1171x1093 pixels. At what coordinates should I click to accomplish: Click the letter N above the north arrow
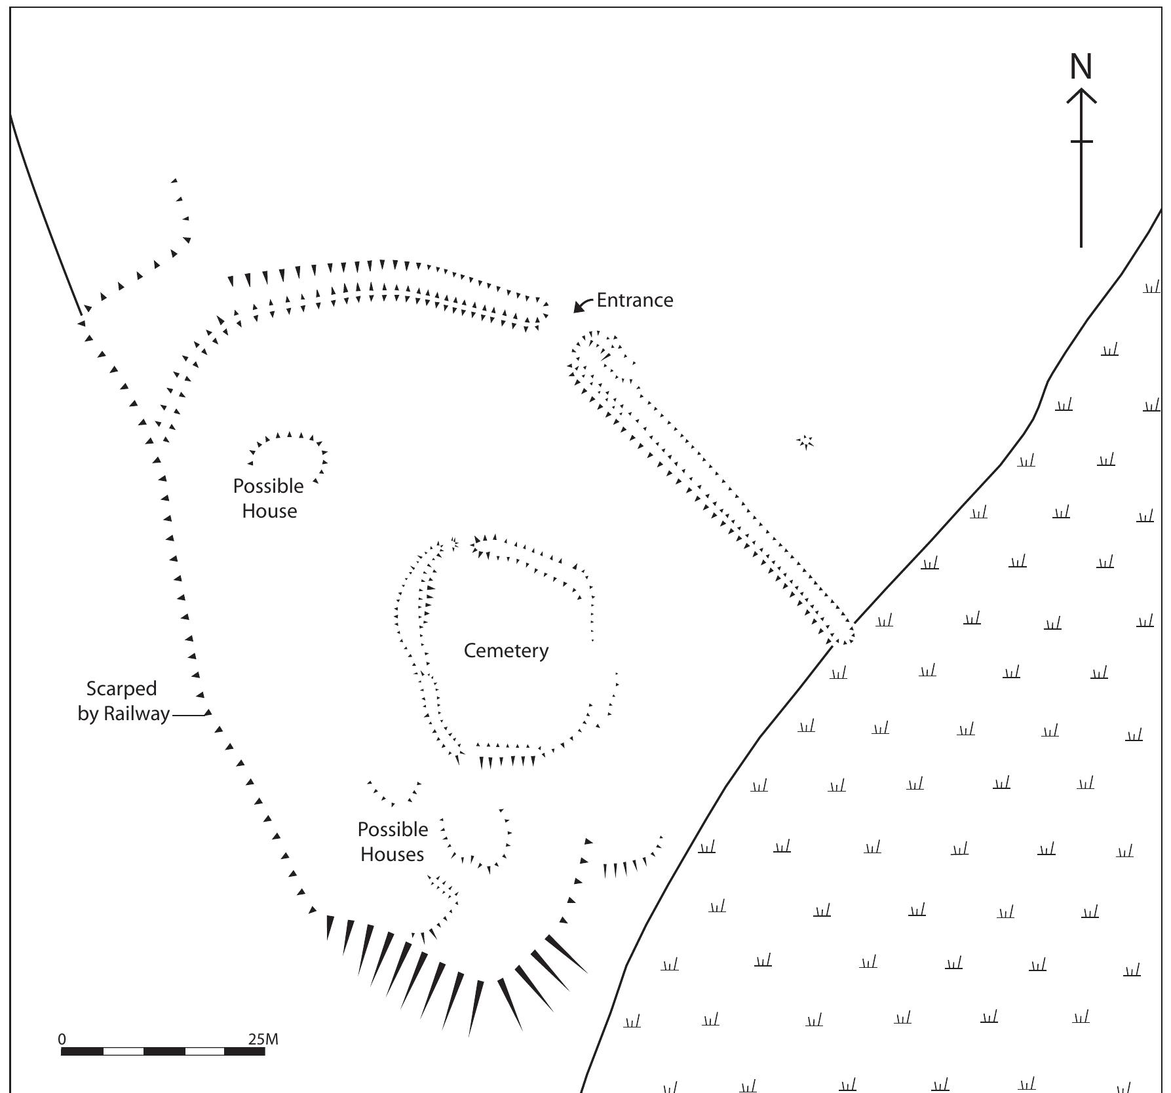[1081, 67]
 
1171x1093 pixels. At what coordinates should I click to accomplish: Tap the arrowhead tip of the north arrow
[1081, 91]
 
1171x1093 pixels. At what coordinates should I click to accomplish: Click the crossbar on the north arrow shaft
[1081, 141]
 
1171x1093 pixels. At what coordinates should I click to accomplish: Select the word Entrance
[634, 300]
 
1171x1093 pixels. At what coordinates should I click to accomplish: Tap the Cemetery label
[506, 651]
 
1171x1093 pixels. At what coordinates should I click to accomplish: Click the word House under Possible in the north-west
[269, 511]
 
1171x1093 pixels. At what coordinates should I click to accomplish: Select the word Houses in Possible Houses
[392, 854]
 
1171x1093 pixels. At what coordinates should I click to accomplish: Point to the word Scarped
[122, 689]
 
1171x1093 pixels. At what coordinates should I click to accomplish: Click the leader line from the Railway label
[189, 715]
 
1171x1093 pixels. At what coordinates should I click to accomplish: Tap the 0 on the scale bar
[62, 1039]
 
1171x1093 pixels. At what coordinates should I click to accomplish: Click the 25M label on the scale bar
[263, 1039]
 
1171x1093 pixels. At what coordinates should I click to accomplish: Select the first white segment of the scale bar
[123, 1051]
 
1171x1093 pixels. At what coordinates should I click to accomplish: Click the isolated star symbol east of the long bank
[805, 442]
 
